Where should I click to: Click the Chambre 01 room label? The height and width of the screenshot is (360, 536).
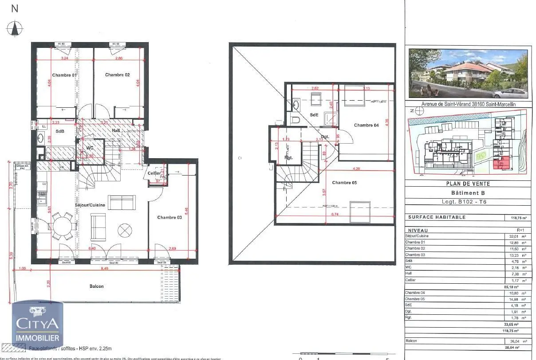coord(64,75)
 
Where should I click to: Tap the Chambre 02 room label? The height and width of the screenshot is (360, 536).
coord(117,74)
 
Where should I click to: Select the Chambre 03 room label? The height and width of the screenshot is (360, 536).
coord(169,217)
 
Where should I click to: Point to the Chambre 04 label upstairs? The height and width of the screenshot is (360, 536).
coord(366,125)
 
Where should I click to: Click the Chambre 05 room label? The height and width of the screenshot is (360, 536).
coord(344,183)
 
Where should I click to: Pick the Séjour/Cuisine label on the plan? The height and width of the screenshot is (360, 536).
coord(90,206)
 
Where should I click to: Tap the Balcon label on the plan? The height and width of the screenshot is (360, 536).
coord(96,286)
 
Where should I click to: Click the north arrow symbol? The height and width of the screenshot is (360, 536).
coord(15,28)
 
